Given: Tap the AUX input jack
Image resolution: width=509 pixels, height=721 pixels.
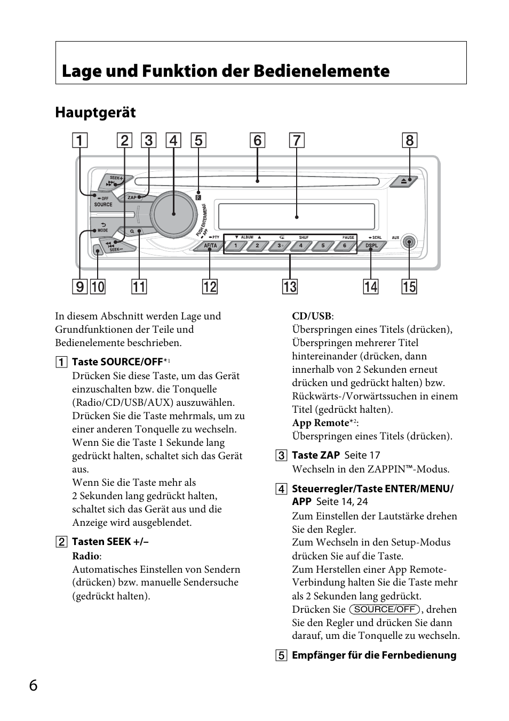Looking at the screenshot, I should coord(409,243).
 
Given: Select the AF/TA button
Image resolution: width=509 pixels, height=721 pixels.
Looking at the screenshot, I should coord(210,246).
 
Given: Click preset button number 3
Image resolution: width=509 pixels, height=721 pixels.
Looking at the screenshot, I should coord(279,246).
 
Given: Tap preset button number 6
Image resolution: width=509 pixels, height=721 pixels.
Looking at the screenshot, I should coord(345,246).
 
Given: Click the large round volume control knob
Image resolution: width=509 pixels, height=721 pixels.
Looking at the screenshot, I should coord(173,213).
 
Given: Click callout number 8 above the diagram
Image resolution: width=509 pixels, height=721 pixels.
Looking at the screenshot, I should coord(409,140).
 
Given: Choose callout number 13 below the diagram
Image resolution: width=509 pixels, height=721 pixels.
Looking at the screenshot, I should coord(290,287).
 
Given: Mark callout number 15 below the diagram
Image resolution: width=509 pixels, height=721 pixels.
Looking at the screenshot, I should coord(409,287).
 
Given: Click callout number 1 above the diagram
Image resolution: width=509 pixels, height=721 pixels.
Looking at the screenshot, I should coord(79,140).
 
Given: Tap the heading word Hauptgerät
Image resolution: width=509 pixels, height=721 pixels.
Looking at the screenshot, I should coord(96,113).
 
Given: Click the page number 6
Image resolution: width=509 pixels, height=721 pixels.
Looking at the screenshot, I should coord(34,685).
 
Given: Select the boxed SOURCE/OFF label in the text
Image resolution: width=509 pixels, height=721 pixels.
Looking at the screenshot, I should coord(385,610).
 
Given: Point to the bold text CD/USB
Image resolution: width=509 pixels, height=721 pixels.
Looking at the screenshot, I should coord(312,316).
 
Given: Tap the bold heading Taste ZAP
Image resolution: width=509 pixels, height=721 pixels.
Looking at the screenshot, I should coord(315,455).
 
